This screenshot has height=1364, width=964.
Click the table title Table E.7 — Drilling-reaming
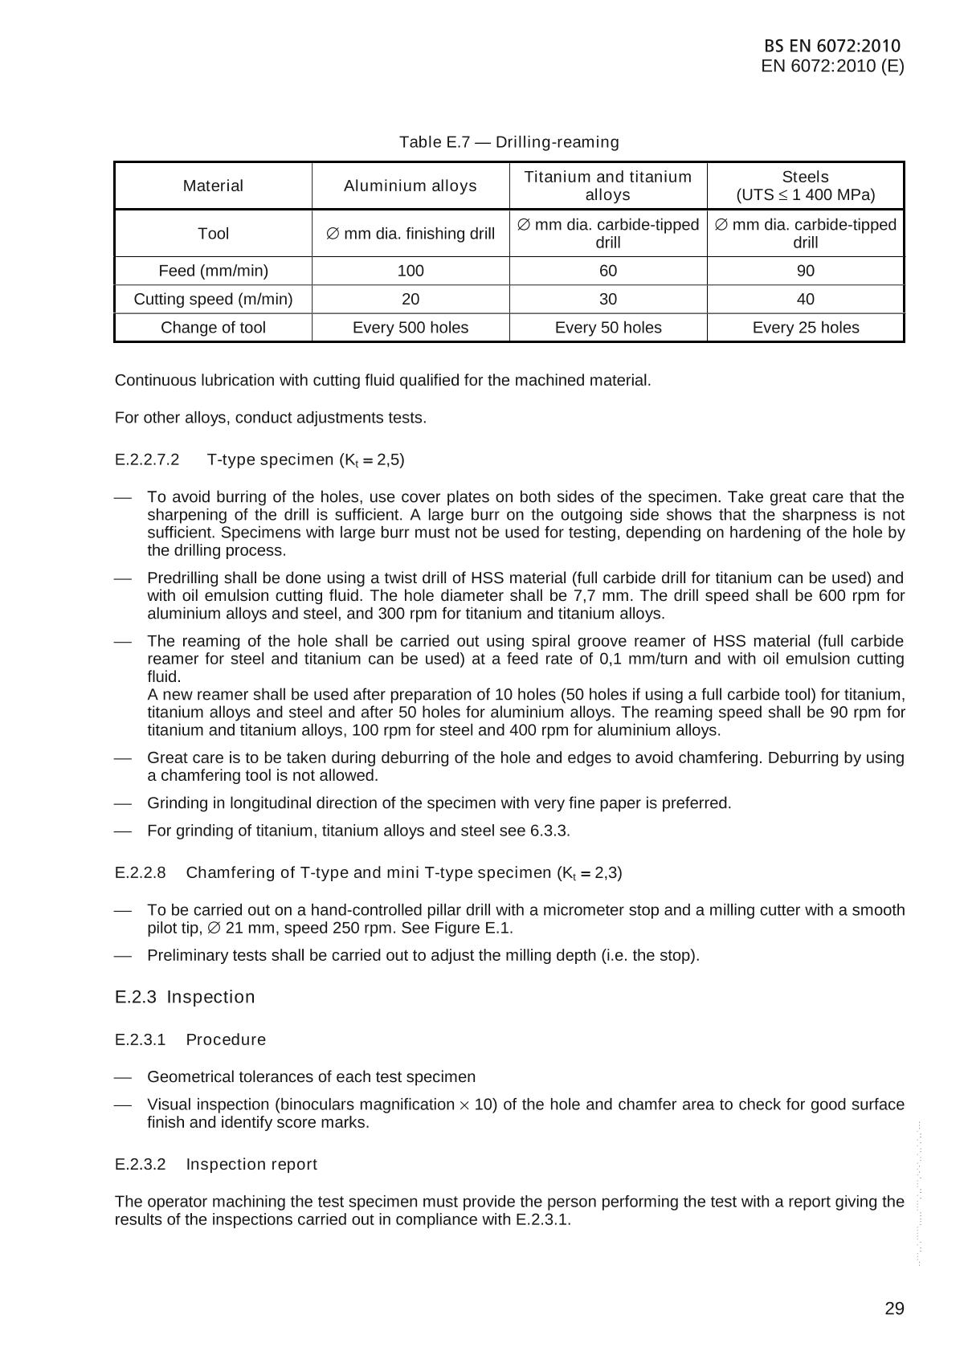pos(509,142)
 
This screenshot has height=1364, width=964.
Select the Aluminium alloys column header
pos(410,186)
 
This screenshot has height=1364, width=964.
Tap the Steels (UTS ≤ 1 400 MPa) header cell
pos(805,186)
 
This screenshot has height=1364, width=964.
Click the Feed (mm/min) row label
pos(213,271)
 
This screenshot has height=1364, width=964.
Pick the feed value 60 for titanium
pos(608,271)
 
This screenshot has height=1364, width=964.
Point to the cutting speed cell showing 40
pos(805,299)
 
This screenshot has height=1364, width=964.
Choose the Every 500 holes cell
pos(410,328)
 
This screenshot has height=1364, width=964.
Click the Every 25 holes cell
pos(805,328)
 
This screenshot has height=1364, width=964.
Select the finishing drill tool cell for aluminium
pos(410,234)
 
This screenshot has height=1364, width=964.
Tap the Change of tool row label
pos(213,328)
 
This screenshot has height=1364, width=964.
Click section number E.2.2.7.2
pos(147,460)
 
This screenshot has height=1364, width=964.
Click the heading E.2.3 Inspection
pos(185,997)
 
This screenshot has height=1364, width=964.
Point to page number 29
pos(894,1309)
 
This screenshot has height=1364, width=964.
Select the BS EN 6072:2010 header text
pos(832,46)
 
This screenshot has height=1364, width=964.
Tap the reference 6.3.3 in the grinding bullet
pos(548,831)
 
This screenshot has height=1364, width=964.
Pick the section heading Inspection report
pos(251,1164)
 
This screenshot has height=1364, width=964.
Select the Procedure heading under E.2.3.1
pos(226,1039)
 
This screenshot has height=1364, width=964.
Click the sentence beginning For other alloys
pos(271,418)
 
